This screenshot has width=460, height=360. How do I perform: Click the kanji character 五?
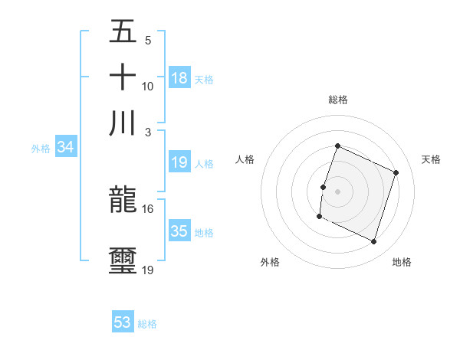[x=123, y=31]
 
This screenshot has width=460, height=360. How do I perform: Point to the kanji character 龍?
[x=123, y=200]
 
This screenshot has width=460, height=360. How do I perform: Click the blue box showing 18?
[x=179, y=77]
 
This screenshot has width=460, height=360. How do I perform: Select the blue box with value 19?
[x=179, y=162]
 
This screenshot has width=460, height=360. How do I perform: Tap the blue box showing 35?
[x=179, y=231]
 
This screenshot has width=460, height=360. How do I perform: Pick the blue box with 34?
[x=65, y=147]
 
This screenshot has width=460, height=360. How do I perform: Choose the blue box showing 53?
[x=123, y=322]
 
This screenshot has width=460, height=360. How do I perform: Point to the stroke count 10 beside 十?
[x=148, y=86]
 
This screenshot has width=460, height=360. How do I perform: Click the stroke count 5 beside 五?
[x=148, y=40]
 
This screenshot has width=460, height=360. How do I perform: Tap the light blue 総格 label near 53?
[x=147, y=324]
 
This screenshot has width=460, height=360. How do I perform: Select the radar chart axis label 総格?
[x=337, y=100]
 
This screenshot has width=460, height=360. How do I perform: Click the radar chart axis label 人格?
[x=245, y=159]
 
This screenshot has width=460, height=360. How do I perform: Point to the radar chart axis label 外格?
[x=270, y=262]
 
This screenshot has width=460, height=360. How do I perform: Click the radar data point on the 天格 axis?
[x=396, y=172]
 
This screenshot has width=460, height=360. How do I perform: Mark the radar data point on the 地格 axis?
[x=373, y=242]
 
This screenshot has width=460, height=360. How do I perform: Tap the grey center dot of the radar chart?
[x=337, y=191]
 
